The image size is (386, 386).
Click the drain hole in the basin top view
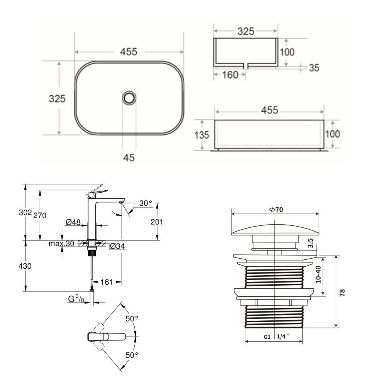pos(129,98)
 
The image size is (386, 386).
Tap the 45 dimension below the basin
pos(129,157)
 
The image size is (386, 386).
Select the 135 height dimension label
pos(201,135)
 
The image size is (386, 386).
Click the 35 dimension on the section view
pos(314,68)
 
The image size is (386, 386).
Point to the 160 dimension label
pos(230,75)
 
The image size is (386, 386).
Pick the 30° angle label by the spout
pos(146,203)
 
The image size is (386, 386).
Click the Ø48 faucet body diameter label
pos(73,222)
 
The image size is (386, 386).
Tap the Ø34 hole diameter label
pos(117,246)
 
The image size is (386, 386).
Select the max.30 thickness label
pos(61,244)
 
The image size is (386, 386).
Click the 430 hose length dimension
pos(25,266)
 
